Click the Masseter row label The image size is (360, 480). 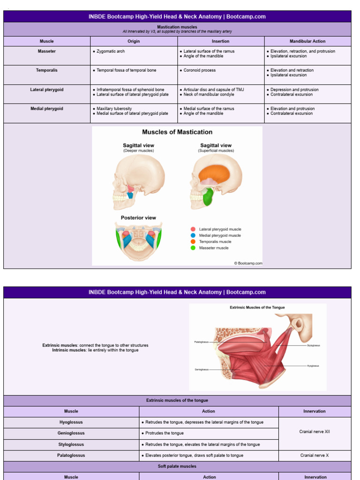coord(47,51)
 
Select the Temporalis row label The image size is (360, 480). coord(47,70)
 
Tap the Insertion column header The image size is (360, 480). coord(221,41)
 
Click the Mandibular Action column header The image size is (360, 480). coord(307,41)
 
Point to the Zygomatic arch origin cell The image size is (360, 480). coord(111,51)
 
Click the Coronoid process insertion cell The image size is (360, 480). coord(200,70)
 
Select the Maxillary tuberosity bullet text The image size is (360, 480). coord(114,109)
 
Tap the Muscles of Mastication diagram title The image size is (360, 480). coord(177,132)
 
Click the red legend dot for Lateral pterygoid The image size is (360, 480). coord(193,229)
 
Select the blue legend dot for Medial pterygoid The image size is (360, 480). coord(193,235)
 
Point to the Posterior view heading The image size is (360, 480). coord(138,218)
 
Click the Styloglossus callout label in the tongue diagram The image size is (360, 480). coord(314,345)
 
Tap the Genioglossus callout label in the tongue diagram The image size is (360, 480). coord(202,369)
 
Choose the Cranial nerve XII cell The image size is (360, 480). coord(315,432)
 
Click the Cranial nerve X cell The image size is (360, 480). coord(315,455)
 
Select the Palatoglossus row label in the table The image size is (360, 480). coord(71,455)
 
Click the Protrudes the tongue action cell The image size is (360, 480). coord(165,433)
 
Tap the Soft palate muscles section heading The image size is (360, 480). coord(177,466)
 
